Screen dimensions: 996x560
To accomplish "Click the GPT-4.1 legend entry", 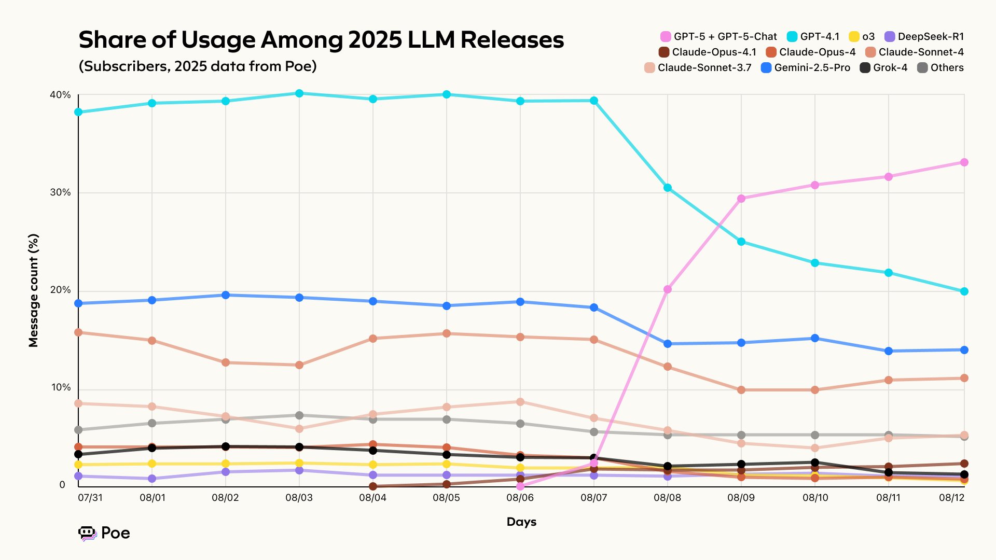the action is coord(813,36).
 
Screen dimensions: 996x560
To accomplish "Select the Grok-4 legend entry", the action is coord(883,67).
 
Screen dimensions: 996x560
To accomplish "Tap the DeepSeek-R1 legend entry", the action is coord(924,36).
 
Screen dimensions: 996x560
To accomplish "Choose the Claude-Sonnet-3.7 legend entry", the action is coord(698,67).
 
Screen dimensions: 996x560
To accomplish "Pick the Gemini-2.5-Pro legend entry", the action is coord(806,67).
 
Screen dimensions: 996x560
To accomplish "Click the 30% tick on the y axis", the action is coord(60,192).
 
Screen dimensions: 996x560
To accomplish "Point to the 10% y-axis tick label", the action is coord(60,387).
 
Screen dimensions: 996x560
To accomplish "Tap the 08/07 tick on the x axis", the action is coord(593,498).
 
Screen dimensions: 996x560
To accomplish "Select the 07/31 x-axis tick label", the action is coord(90,498).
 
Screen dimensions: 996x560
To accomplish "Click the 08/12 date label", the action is coord(951,498).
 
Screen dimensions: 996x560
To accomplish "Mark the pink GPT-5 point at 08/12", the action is coord(964,162).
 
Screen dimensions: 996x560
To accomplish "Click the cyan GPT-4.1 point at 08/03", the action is coord(299,93).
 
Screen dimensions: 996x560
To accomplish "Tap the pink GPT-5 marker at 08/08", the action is coord(668,289).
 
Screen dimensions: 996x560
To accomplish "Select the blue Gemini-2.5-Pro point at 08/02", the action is coord(226,295).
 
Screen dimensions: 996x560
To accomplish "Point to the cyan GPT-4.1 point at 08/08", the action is coord(668,188).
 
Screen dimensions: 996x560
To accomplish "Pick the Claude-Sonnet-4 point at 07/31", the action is coord(79,332).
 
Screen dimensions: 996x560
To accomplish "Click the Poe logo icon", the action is coord(87,533).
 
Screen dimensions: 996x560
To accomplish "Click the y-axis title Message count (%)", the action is coord(34,290).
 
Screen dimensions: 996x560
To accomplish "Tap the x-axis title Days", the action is coord(521,522).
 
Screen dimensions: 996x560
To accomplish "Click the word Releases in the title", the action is coord(512,40).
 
